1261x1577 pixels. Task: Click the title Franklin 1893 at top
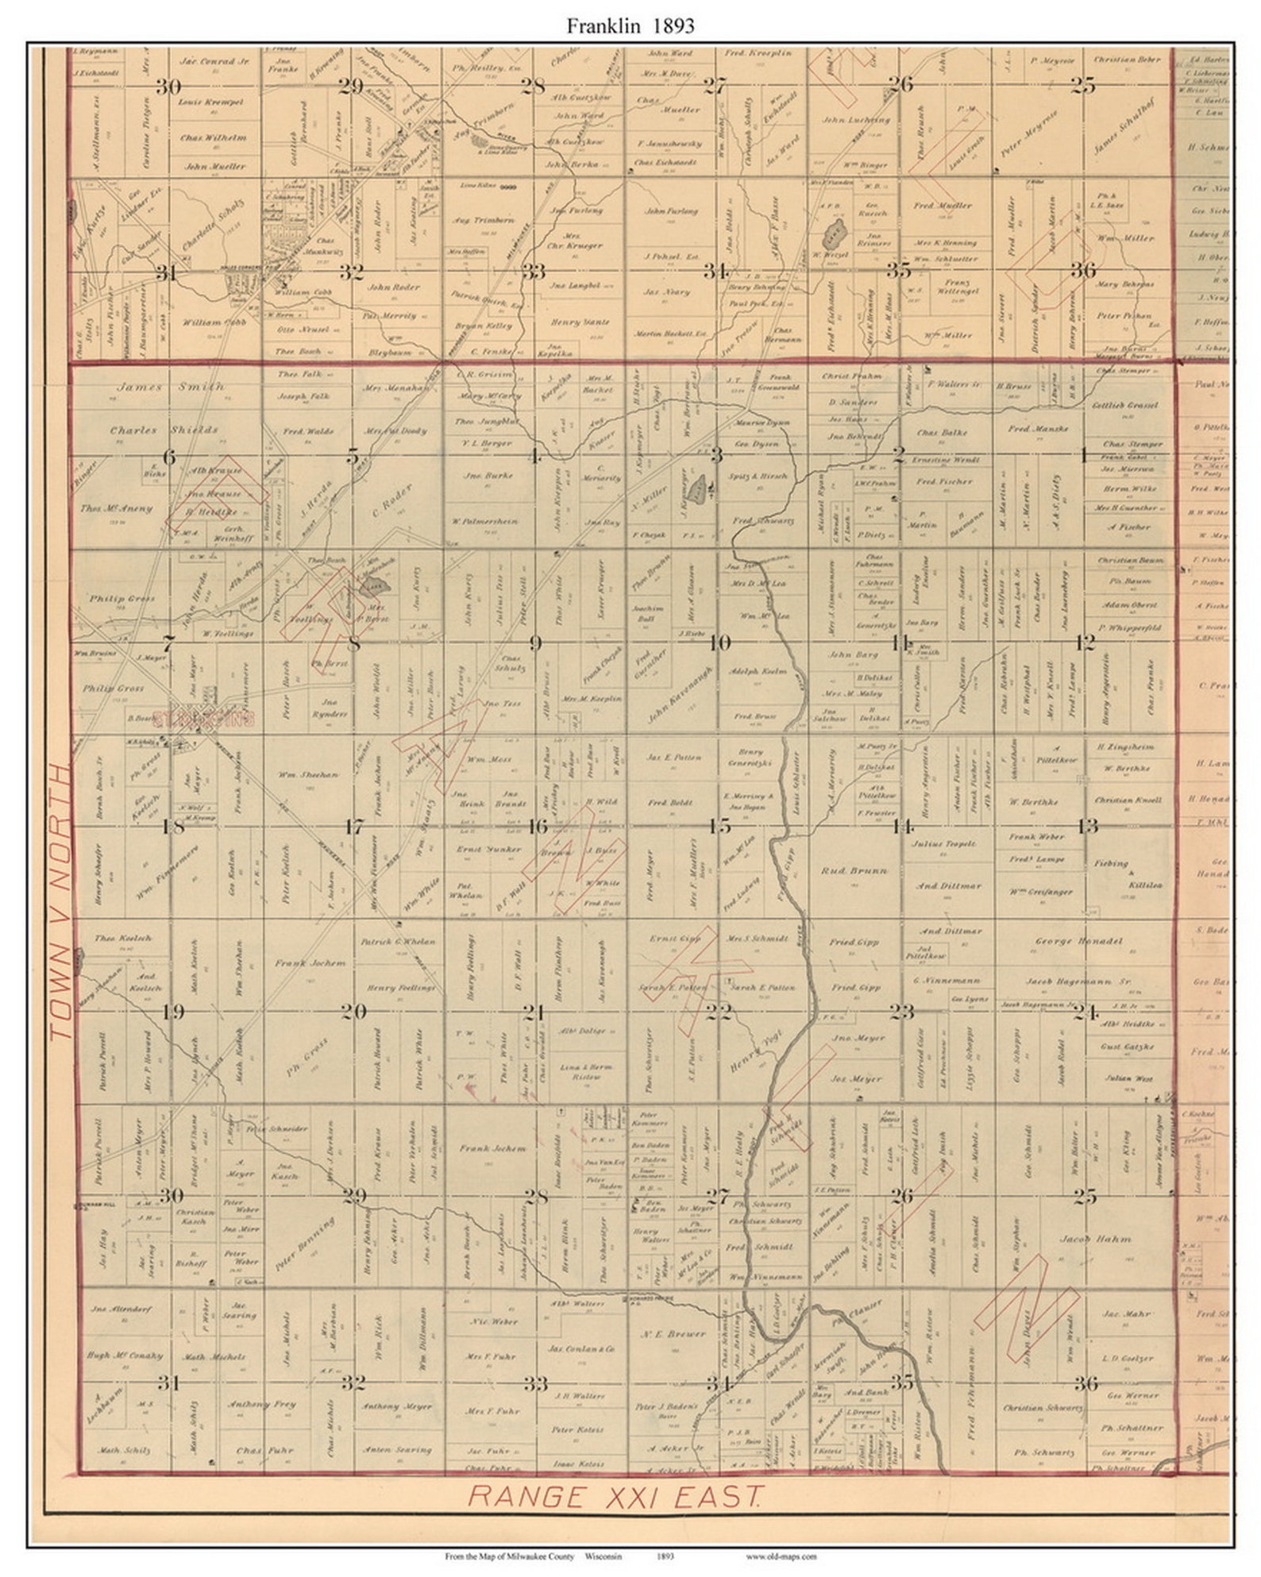click(630, 26)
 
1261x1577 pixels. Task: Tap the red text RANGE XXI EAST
click(615, 1496)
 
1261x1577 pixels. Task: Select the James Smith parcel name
click(150, 387)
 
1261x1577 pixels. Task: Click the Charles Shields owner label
click(164, 430)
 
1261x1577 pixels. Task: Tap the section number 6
click(168, 457)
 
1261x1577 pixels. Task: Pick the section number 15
click(719, 827)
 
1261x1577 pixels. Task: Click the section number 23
click(901, 1012)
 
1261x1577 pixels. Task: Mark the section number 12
click(1086, 642)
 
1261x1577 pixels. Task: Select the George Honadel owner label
click(1078, 941)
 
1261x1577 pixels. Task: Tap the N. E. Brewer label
click(673, 1334)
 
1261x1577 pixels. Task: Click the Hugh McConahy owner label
click(124, 1356)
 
